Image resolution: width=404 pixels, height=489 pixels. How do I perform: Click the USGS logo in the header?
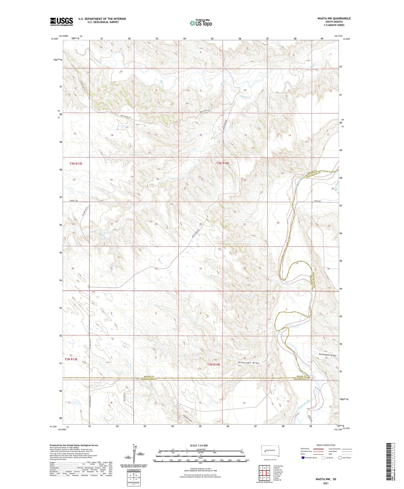[x=61, y=22]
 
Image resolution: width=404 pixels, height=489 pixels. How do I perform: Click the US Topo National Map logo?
[x=201, y=23]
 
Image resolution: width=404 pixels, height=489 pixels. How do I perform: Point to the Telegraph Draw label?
[x=248, y=363]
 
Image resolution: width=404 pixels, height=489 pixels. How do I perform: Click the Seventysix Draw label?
[x=327, y=355]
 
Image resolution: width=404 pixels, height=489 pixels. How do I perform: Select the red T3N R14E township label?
[x=223, y=163]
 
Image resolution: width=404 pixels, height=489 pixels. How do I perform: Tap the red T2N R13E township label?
[x=71, y=359]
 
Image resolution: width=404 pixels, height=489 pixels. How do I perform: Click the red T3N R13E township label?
[x=76, y=163]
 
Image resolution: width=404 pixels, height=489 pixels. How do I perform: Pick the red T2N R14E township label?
[x=213, y=364]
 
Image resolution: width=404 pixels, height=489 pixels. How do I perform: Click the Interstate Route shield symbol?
[x=303, y=458]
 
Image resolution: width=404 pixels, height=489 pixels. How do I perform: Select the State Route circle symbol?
[x=340, y=458]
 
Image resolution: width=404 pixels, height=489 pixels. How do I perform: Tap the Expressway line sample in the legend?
[x=318, y=449]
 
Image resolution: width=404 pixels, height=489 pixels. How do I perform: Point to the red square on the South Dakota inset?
[x=265, y=450]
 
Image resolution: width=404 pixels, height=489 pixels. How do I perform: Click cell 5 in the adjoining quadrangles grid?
[x=268, y=473]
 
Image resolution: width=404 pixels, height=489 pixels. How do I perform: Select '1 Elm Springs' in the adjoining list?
[x=278, y=466]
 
